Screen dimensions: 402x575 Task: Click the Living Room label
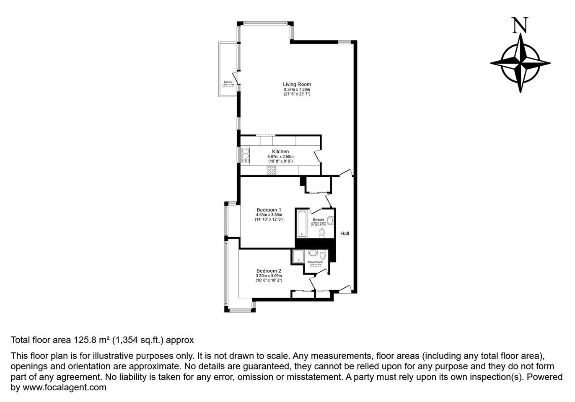pos(297,84)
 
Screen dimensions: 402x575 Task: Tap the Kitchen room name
pos(280,151)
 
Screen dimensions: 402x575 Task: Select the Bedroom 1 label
pos(269,210)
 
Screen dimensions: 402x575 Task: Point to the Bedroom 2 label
pos(269,271)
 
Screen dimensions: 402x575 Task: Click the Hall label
pos(344,233)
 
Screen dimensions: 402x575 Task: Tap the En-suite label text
pos(318,219)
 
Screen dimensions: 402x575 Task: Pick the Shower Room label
pos(315,262)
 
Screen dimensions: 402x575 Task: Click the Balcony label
pos(228,82)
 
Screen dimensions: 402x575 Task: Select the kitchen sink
pos(245,155)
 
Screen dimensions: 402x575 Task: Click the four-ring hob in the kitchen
pos(272,170)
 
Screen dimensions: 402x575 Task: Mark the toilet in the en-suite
pos(322,233)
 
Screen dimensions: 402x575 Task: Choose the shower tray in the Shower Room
pos(298,256)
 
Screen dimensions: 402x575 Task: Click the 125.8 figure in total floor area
pos(85,340)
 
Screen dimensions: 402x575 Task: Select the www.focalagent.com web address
pos(64,387)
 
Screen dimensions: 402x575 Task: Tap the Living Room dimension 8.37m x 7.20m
pos(297,90)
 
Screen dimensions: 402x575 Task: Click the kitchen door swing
pos(318,156)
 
